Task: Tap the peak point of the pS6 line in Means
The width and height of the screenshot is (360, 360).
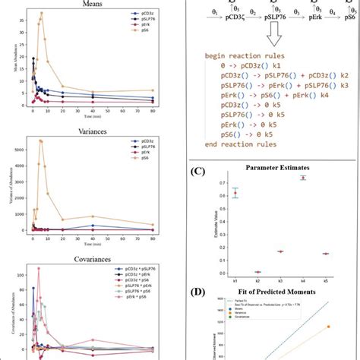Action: [x=42, y=13]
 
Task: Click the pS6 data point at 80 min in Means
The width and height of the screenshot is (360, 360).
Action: [x=153, y=90]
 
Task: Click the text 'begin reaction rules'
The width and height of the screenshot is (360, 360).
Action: [x=243, y=56]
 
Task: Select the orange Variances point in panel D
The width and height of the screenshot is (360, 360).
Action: [x=329, y=327]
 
